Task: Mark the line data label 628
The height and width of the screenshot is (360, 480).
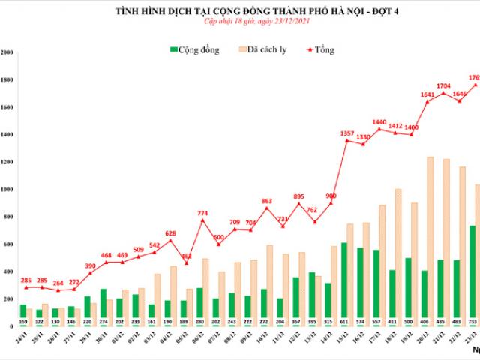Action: (x=170, y=233)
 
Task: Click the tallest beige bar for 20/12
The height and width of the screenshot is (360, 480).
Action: (x=430, y=241)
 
